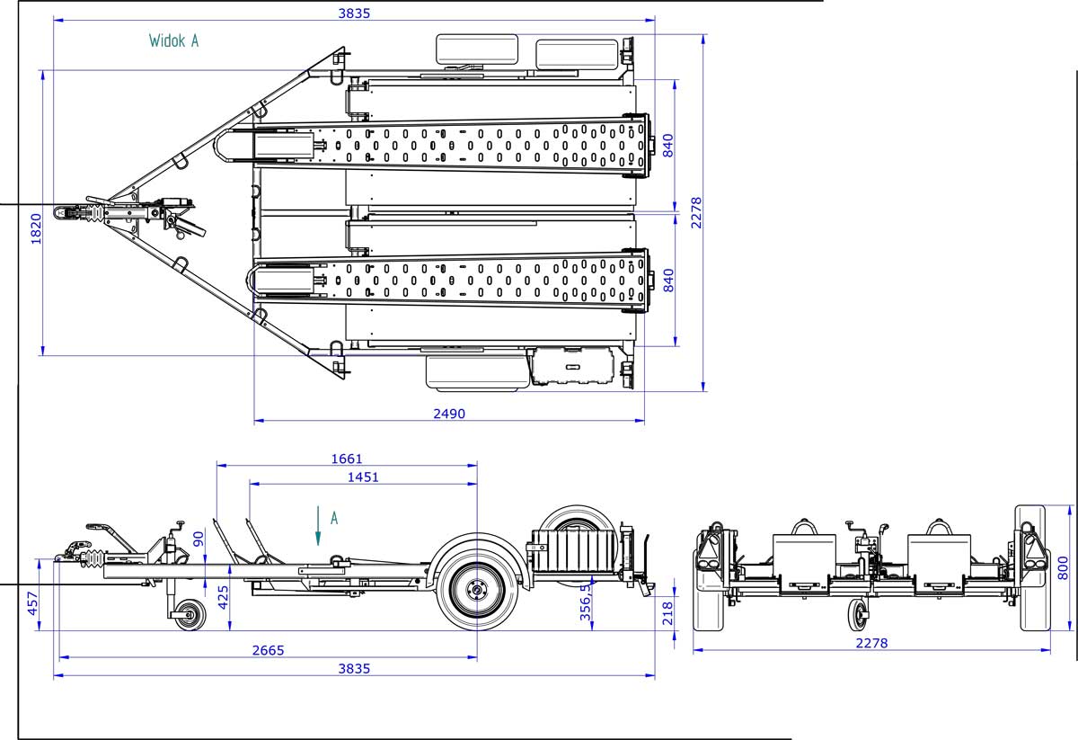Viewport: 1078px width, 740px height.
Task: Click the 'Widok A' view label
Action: [173, 40]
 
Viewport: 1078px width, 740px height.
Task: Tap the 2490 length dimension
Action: [449, 414]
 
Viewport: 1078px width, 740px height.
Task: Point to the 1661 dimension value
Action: [347, 459]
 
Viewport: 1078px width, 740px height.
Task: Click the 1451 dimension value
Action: [363, 477]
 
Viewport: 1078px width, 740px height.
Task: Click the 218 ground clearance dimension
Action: [667, 612]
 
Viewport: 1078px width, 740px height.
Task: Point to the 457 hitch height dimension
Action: [32, 604]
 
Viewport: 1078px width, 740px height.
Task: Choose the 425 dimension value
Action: [223, 594]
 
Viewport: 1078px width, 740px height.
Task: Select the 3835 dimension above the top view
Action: [353, 13]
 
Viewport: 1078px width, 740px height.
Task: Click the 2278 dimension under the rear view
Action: [870, 643]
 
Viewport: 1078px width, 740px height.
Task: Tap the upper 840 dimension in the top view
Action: [667, 145]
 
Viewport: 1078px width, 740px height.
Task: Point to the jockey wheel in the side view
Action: [190, 615]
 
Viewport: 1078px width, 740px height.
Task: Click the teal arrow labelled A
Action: [317, 525]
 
